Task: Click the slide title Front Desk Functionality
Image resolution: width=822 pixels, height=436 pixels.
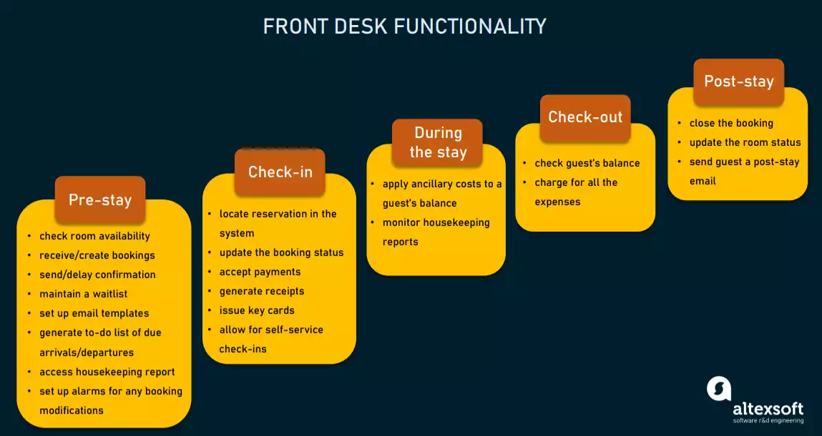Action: [x=404, y=26]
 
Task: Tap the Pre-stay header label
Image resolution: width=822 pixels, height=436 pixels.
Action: [x=99, y=200]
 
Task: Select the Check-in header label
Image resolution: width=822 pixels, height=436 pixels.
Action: [x=280, y=172]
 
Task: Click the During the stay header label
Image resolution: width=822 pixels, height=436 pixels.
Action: [x=438, y=142]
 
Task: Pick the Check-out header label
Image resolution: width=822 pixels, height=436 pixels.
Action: [x=585, y=117]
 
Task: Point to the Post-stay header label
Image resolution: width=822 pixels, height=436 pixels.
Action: [x=738, y=81]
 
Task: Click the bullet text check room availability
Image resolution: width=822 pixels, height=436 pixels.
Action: [x=94, y=236]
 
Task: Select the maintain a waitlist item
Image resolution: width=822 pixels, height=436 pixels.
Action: [x=82, y=294]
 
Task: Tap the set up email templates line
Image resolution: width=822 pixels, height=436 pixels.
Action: [x=94, y=313]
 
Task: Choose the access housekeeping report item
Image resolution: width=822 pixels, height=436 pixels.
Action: [x=107, y=372]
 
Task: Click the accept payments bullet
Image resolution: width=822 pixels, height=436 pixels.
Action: [x=260, y=272]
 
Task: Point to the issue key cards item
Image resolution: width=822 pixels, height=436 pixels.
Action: [x=257, y=310]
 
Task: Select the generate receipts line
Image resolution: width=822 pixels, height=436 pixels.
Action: [x=262, y=291]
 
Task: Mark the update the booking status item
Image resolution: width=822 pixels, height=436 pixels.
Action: [x=281, y=252]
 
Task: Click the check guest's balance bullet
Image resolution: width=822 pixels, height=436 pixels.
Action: [x=587, y=163]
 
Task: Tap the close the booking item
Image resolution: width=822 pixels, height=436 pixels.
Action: [x=731, y=123]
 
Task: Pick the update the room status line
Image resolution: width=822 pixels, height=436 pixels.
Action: [x=745, y=142]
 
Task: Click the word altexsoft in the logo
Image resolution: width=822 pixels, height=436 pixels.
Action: [x=768, y=409]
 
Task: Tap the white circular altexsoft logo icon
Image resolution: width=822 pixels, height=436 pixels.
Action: [x=719, y=388]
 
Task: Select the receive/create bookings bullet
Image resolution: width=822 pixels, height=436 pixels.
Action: [x=97, y=255]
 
